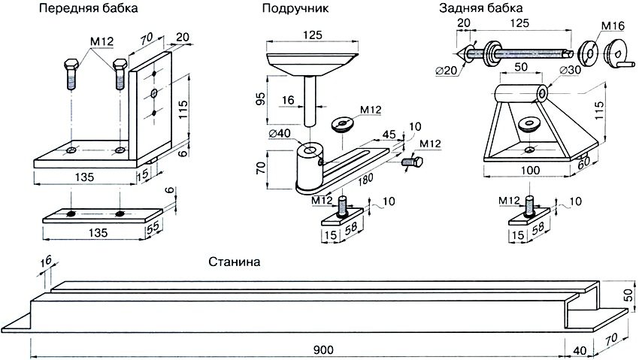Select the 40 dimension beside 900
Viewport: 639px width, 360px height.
(x=580, y=349)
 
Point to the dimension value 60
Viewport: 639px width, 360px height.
(x=583, y=160)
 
